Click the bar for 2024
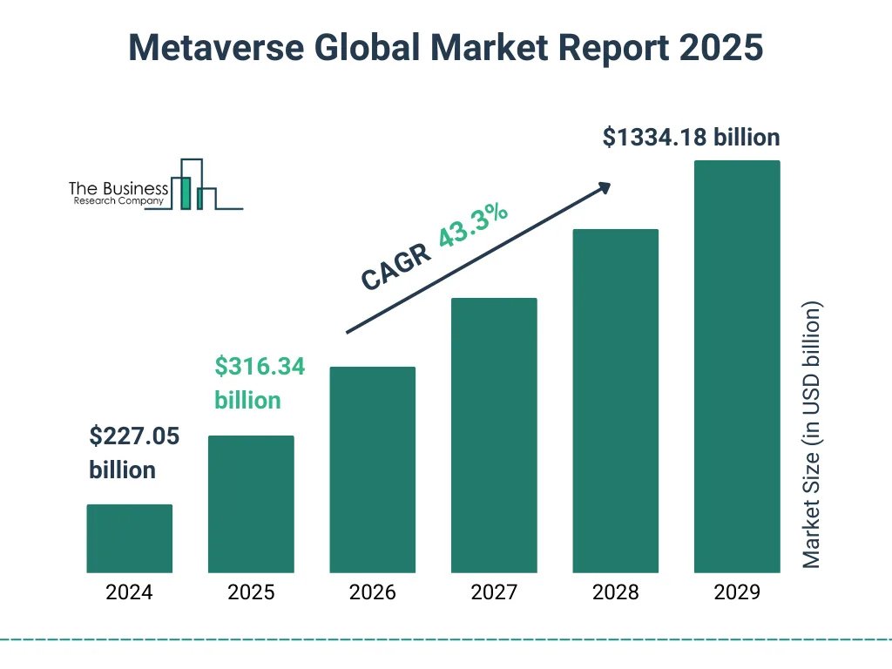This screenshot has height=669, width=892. [x=130, y=538]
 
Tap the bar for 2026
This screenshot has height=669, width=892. [x=372, y=470]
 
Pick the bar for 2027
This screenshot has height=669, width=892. [x=494, y=436]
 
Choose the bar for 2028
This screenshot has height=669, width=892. [x=615, y=401]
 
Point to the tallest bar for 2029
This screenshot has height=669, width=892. [x=737, y=367]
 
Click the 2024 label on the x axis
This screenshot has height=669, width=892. [x=129, y=593]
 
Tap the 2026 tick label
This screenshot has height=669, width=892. [x=372, y=593]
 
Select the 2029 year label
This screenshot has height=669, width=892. [x=737, y=593]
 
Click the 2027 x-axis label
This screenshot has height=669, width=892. [x=494, y=593]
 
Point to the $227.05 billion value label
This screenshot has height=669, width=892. [x=134, y=453]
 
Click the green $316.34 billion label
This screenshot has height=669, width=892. [x=260, y=383]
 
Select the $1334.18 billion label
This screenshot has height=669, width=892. [x=691, y=138]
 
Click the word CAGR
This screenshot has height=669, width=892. [x=395, y=267]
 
